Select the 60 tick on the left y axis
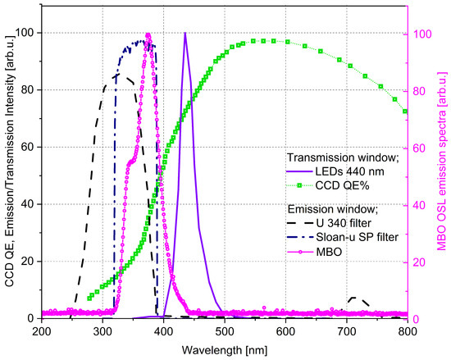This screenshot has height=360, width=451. tap(28, 147)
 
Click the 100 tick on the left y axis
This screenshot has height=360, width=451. tap(25, 33)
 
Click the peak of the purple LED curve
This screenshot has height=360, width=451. tap(185, 34)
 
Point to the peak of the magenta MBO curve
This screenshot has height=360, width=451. tap(148, 35)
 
